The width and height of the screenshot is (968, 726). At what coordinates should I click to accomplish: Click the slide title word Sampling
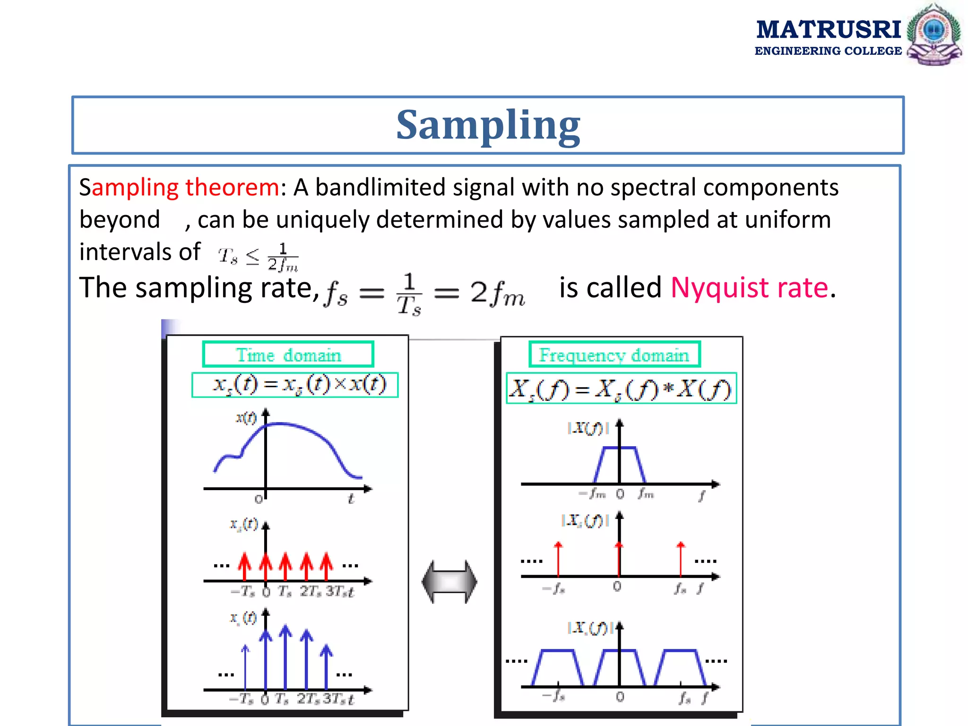pos(488,125)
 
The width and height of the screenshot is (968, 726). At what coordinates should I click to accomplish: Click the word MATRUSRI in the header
pos(828,30)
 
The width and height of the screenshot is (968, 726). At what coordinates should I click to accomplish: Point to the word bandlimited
pos(380,187)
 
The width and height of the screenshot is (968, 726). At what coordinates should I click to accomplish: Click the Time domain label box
pos(288,354)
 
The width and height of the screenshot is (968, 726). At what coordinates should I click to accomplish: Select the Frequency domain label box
pos(614,354)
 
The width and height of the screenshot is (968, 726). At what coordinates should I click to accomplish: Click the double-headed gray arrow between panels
pos(449,582)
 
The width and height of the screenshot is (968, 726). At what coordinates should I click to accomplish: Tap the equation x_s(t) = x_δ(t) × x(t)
pos(295,385)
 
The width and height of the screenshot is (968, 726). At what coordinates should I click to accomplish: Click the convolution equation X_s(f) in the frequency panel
pos(621,389)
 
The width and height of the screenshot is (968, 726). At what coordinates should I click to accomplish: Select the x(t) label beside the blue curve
pos(246,418)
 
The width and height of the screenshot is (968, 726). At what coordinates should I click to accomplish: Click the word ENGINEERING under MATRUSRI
pos(795,51)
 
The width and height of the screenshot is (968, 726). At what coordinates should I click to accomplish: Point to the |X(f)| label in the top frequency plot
pos(588,428)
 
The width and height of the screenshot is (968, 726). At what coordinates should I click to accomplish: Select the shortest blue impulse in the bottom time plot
pos(245,666)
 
